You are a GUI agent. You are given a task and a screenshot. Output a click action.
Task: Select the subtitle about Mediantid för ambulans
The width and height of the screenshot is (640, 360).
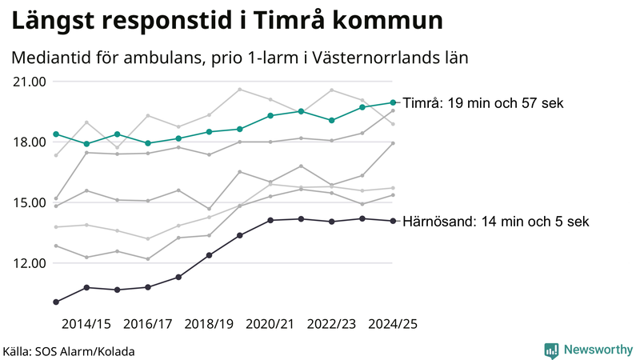[x=239, y=58]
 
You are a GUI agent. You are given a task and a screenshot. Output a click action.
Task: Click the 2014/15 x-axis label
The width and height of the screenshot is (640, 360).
[x=86, y=324]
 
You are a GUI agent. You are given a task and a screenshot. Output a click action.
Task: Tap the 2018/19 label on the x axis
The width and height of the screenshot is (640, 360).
[x=209, y=324]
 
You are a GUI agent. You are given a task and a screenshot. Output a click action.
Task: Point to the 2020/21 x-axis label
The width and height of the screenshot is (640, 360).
[x=270, y=324]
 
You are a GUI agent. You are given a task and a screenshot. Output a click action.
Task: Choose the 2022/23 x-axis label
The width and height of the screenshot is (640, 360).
[x=331, y=324]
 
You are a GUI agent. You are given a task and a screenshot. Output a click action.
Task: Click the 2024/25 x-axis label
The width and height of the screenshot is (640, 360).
[x=393, y=324]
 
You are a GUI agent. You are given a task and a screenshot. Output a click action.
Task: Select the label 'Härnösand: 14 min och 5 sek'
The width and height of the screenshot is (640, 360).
[x=496, y=222]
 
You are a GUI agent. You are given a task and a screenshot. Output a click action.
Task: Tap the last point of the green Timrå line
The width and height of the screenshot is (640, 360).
[x=393, y=102]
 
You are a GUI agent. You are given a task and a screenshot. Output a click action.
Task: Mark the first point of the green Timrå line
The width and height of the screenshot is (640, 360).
[x=56, y=134]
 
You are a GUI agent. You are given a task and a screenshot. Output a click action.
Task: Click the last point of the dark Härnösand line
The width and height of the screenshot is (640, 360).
[x=393, y=221]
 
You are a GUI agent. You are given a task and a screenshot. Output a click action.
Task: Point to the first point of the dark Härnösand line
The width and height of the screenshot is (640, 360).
[x=56, y=302]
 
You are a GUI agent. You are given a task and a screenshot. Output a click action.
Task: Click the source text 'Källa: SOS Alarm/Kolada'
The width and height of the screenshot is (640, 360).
[x=69, y=351]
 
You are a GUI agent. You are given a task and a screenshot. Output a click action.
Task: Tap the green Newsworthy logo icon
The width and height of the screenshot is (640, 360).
[x=551, y=350]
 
